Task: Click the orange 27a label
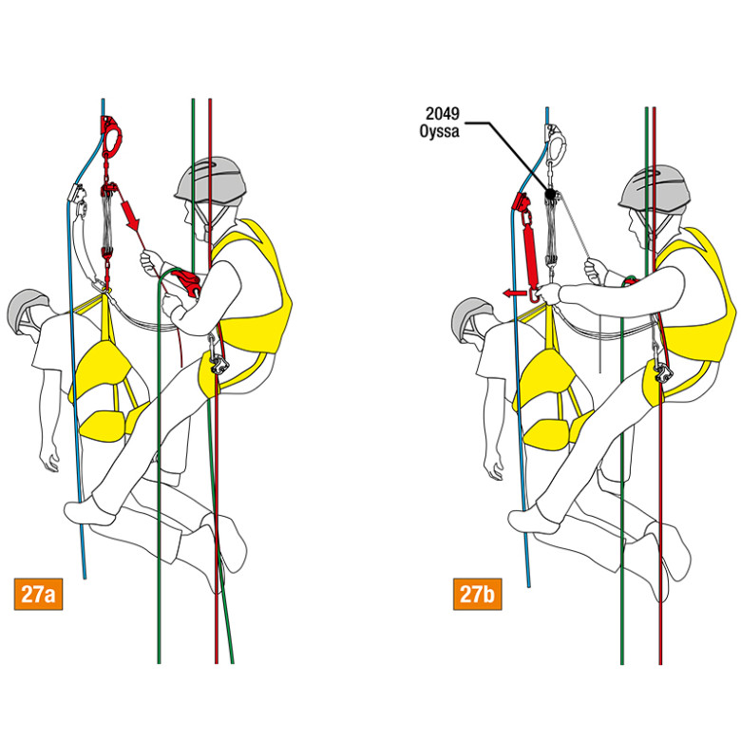click(38, 594)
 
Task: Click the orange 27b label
click(477, 594)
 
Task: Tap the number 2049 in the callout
click(443, 113)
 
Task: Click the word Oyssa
click(439, 131)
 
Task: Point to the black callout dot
click(550, 193)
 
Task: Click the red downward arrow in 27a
click(131, 215)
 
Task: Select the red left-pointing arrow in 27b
click(514, 294)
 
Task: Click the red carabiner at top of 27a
click(112, 135)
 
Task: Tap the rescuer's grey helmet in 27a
click(210, 180)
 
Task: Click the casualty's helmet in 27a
click(28, 310)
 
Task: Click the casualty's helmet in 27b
click(471, 317)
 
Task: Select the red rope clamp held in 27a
click(187, 282)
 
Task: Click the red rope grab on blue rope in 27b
click(522, 201)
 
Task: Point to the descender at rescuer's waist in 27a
click(218, 365)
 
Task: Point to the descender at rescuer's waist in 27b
click(663, 372)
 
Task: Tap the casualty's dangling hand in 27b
click(494, 465)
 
